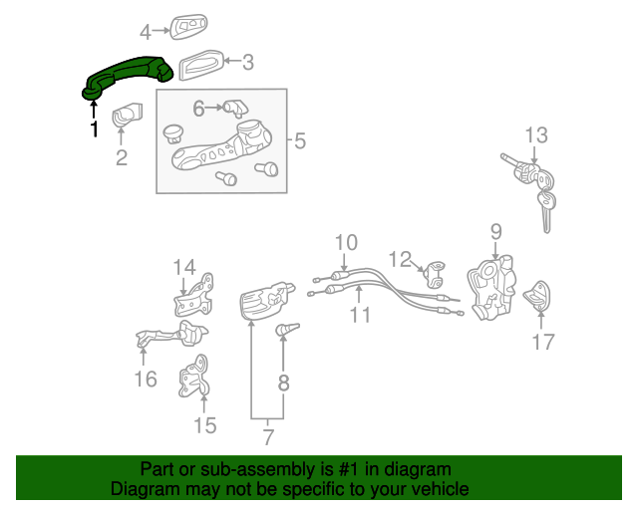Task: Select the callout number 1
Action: (95, 129)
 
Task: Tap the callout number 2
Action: (122, 157)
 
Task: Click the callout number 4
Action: (146, 32)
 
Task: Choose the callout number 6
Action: (198, 107)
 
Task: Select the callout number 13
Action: (536, 134)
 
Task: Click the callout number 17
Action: (542, 343)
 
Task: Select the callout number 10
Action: (345, 242)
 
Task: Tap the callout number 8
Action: (283, 382)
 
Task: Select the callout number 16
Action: (146, 379)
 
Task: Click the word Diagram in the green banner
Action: (144, 489)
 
